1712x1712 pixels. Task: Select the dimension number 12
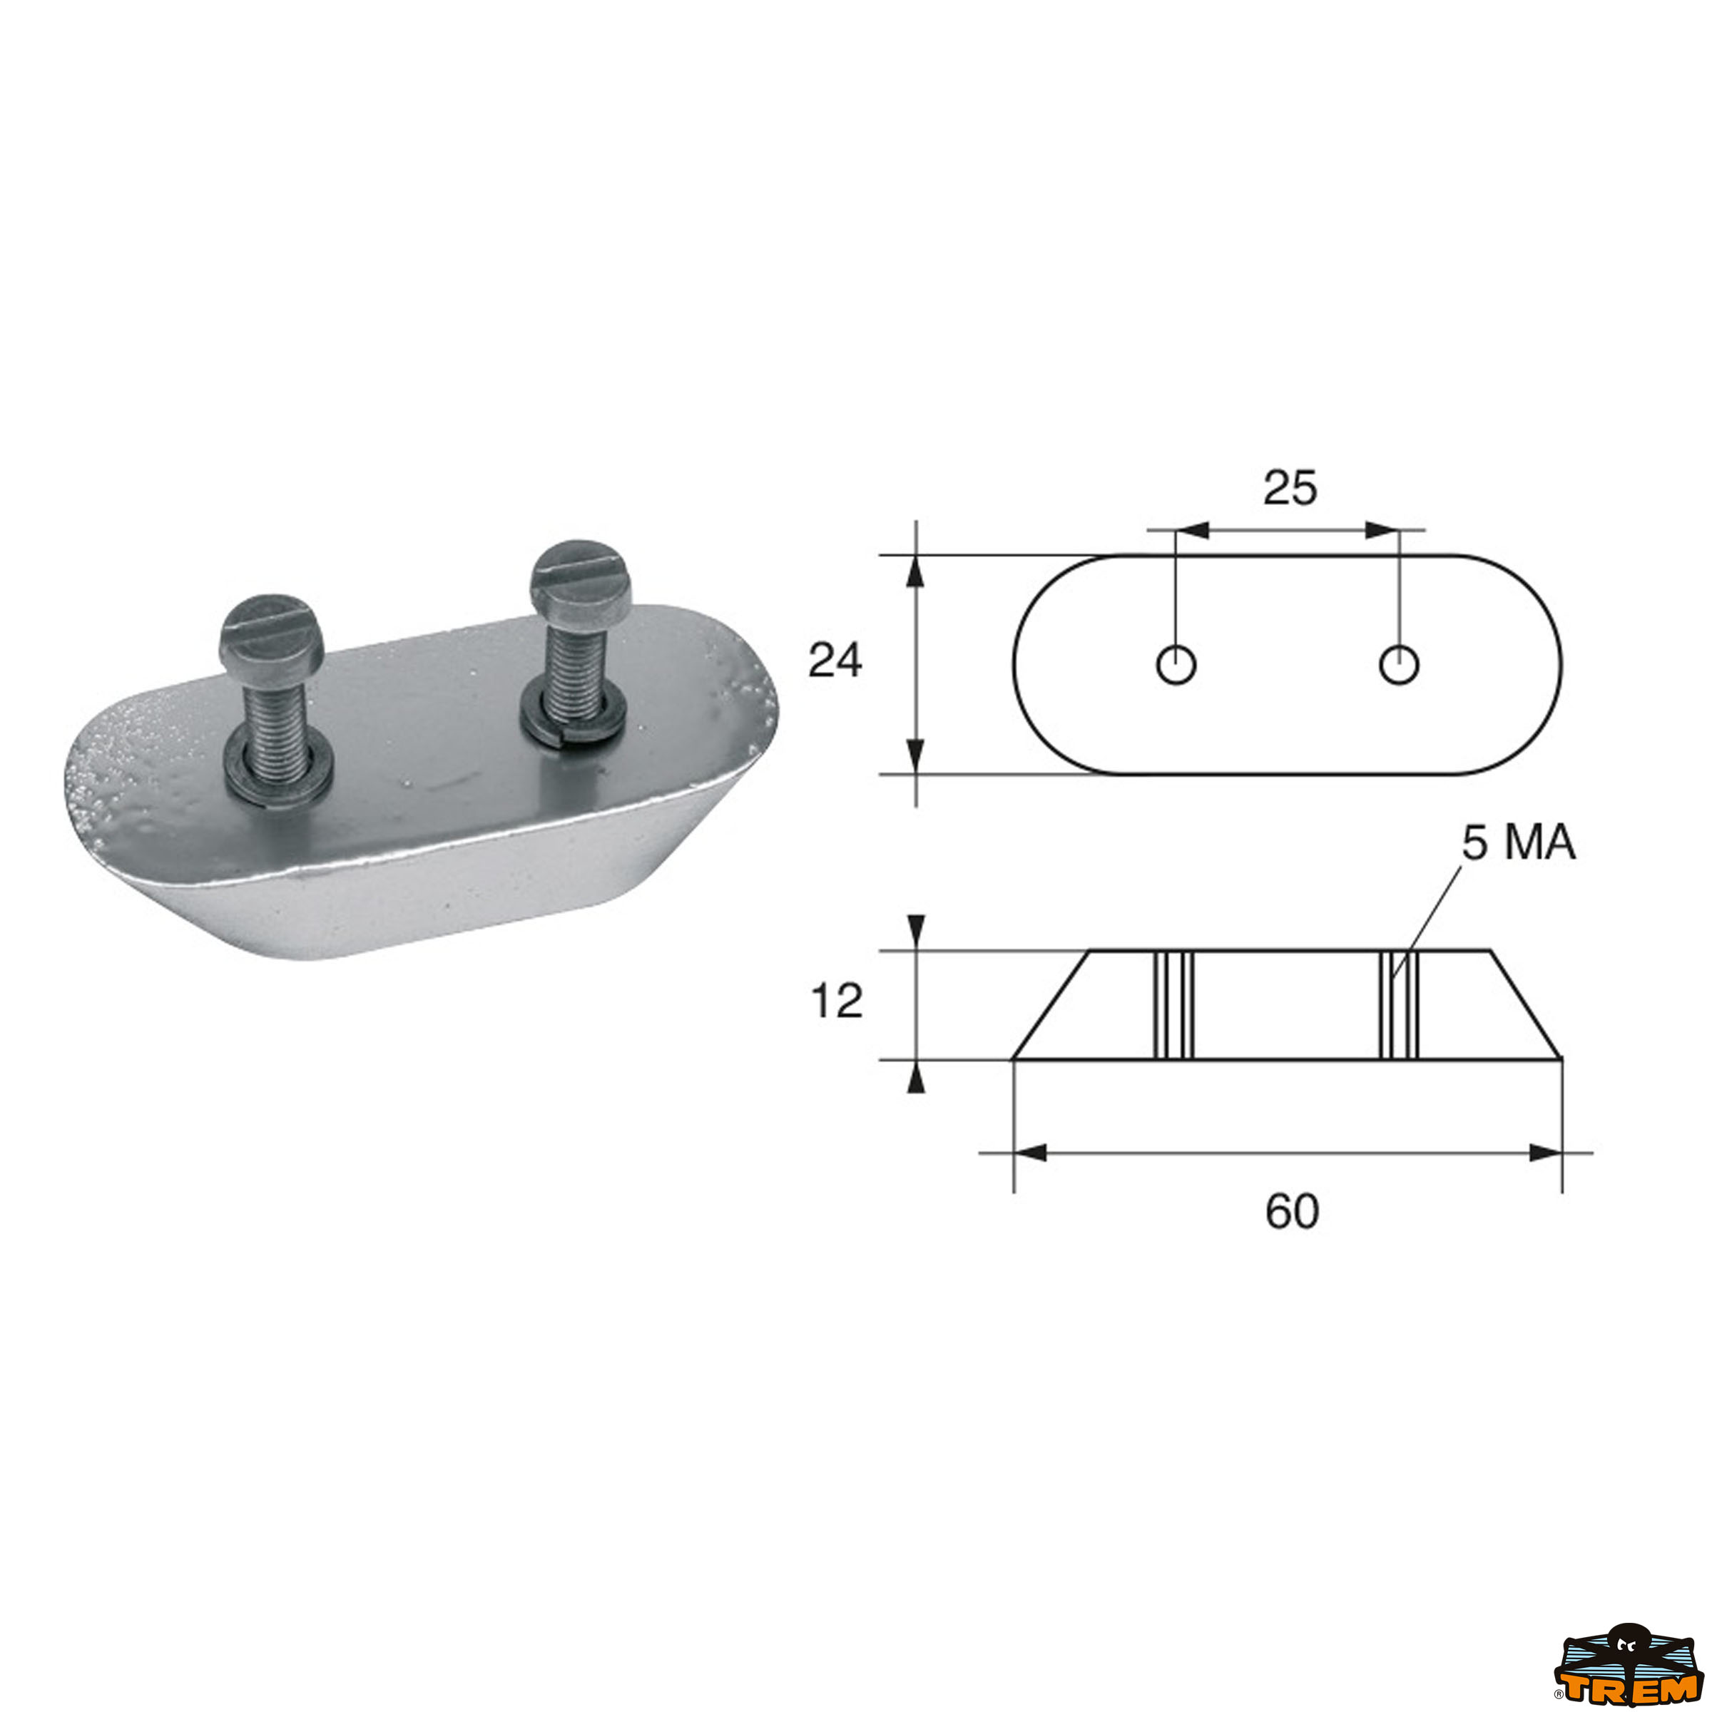tap(837, 1002)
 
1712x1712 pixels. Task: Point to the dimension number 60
tap(1292, 1211)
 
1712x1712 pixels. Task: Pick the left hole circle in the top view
tap(1176, 665)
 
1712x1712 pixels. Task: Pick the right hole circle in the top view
tap(1399, 665)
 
